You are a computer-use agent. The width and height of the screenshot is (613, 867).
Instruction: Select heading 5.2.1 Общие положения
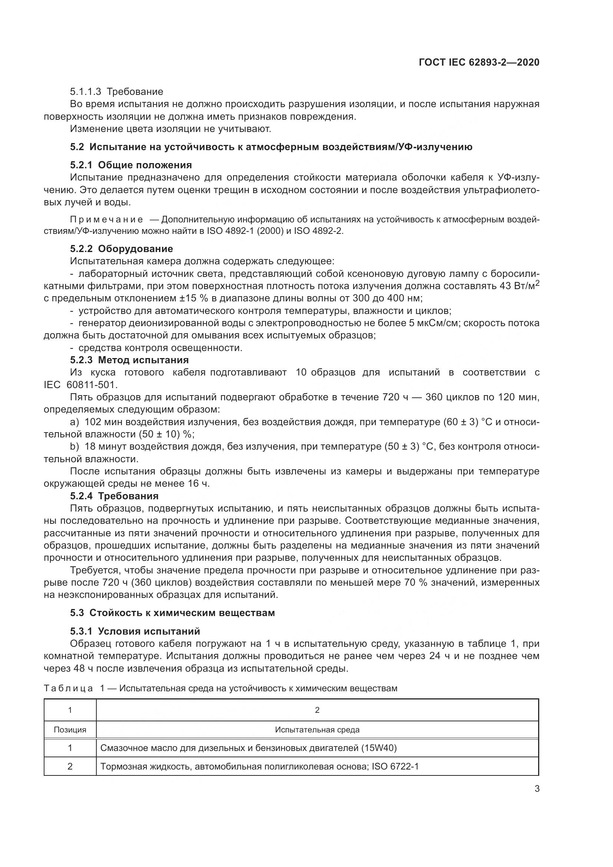[130, 165]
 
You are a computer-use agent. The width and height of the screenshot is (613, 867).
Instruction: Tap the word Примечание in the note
[106, 220]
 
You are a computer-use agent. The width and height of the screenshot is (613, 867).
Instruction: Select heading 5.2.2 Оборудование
[121, 249]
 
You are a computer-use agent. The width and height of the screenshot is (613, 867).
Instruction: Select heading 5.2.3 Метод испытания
[129, 360]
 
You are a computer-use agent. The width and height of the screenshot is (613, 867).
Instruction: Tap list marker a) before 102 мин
[74, 422]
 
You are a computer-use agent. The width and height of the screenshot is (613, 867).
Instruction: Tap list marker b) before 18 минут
[74, 447]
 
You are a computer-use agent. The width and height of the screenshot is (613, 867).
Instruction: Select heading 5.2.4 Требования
[114, 496]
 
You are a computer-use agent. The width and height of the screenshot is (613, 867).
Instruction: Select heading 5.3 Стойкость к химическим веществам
[172, 613]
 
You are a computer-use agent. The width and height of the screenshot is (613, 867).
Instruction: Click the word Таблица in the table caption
[68, 688]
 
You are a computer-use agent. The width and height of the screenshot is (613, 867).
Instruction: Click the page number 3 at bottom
[537, 789]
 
